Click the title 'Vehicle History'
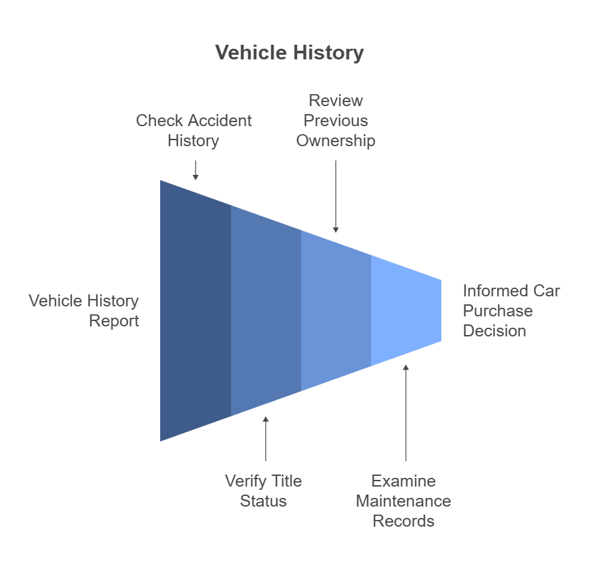pos(290,53)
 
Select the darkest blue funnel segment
pos(196,310)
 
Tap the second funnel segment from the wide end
pos(266,310)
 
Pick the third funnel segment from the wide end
pos(336,310)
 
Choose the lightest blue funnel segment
pos(406,310)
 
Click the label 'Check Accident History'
pos(194,131)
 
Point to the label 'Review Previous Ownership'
pos(336,121)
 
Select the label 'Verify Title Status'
pos(263,491)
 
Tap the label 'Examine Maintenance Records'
pos(403,501)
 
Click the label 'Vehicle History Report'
pos(84,311)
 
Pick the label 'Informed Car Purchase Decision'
pos(511,311)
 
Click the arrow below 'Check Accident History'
pos(196,170)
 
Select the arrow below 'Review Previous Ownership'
pos(336,196)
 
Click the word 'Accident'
pos(221,121)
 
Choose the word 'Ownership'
pos(336,141)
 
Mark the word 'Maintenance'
pos(403,501)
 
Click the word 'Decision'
pos(495,331)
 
